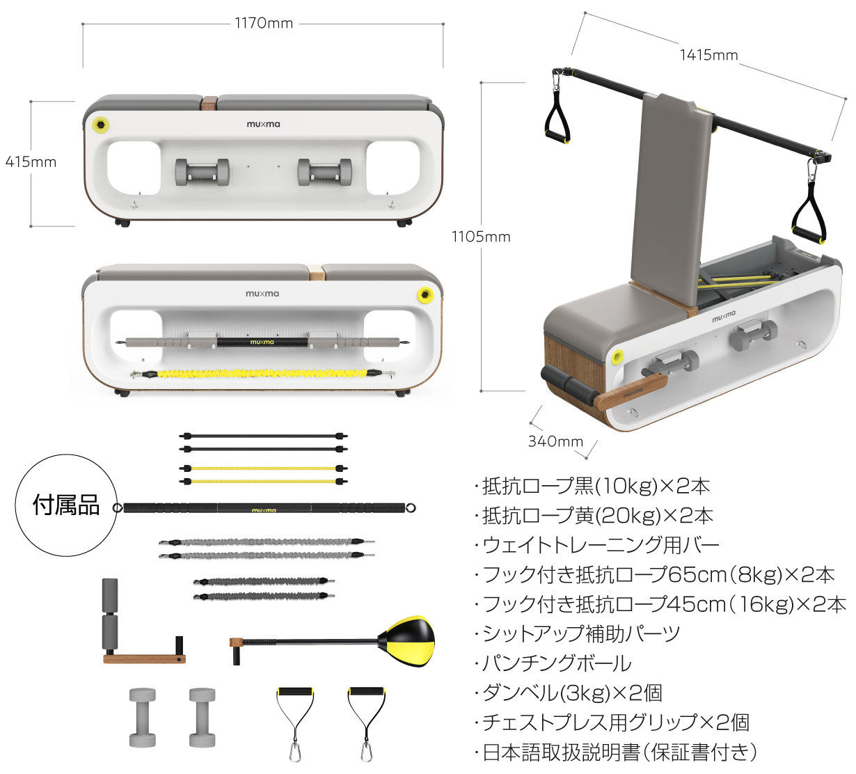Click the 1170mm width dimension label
(x=264, y=23)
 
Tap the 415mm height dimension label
(x=31, y=161)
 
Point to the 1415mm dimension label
(x=708, y=55)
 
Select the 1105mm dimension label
(x=481, y=237)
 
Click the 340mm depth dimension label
(x=555, y=441)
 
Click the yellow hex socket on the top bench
(x=101, y=125)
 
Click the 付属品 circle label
(x=66, y=505)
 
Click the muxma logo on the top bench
(x=263, y=124)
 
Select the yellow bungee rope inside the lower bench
(x=262, y=374)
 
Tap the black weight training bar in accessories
(x=264, y=508)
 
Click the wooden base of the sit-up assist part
(x=144, y=658)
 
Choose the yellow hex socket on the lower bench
(x=425, y=294)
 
